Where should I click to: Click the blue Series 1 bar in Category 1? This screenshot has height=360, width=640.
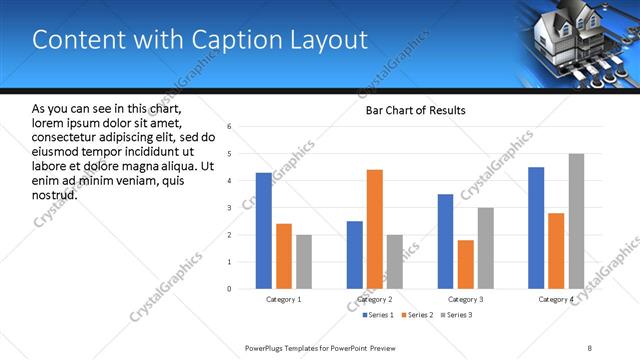click(x=264, y=231)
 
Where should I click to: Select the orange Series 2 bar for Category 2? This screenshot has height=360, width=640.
click(x=375, y=229)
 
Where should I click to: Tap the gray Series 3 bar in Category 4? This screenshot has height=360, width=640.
click(x=576, y=221)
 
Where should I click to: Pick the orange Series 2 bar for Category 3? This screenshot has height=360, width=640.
click(x=466, y=264)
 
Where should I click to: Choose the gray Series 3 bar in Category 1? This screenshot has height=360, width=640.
click(x=304, y=262)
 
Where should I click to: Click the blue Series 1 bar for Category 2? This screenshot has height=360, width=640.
click(x=355, y=255)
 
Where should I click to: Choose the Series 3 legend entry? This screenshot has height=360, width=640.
click(x=456, y=315)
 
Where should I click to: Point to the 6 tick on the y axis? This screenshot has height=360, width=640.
click(x=230, y=127)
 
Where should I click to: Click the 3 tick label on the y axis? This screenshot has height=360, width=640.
click(x=230, y=208)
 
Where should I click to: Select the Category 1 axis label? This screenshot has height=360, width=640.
click(x=284, y=299)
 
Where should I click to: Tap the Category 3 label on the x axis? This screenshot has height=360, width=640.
click(x=466, y=299)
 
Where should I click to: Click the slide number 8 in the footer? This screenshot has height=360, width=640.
click(x=590, y=347)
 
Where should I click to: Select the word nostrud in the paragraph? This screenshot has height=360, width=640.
click(x=56, y=194)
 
